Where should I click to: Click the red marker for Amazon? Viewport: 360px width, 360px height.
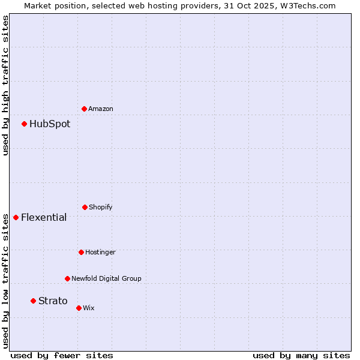click(84, 109)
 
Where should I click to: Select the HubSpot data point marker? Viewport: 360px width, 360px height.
click(25, 124)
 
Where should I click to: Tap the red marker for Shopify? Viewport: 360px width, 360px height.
click(85, 207)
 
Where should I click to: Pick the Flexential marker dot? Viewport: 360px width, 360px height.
click(16, 217)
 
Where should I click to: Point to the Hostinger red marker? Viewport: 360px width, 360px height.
click(81, 252)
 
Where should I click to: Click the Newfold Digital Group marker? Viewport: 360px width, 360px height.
click(67, 278)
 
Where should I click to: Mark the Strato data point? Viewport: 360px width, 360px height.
click(33, 301)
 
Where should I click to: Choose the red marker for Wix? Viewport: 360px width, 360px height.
click(79, 308)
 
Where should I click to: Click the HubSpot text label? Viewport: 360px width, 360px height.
click(50, 124)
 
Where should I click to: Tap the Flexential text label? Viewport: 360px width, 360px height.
click(44, 217)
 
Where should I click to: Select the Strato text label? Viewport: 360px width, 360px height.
click(53, 301)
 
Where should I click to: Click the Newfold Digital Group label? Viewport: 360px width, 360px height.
click(106, 278)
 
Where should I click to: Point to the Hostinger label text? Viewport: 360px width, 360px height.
click(100, 252)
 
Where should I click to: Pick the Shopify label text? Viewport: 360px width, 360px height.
click(100, 207)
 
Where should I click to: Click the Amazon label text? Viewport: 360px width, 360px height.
click(100, 109)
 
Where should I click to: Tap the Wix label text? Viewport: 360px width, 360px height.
click(88, 308)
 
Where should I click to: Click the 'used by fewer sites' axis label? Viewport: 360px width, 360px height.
click(62, 355)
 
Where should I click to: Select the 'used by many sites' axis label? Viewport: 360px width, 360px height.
click(301, 355)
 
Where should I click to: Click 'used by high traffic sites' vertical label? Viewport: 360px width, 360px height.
click(5, 85)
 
